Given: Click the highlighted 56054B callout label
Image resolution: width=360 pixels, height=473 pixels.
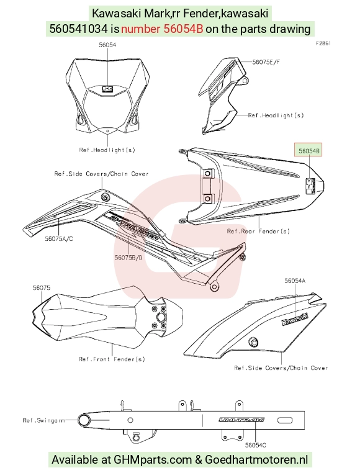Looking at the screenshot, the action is [x=308, y=150].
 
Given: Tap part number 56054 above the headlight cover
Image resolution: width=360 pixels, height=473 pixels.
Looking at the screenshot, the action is [x=107, y=45].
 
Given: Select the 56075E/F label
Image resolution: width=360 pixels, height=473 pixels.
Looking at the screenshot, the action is [x=266, y=62].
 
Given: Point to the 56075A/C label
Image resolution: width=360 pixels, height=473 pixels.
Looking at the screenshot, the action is [x=59, y=239].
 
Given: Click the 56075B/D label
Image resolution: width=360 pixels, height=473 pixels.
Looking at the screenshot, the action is [x=128, y=258].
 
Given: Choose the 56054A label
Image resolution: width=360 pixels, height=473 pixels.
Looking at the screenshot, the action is [x=295, y=281].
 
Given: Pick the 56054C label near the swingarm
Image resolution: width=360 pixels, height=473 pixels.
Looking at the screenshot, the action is [x=256, y=445].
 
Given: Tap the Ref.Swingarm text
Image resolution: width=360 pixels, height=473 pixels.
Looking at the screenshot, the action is [x=43, y=420].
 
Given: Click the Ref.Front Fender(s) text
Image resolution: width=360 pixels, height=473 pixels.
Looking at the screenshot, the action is [x=112, y=359].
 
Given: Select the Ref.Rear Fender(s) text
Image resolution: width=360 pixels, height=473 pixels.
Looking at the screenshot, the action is [x=258, y=232].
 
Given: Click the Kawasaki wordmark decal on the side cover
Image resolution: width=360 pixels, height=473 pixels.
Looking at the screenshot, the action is [x=295, y=320].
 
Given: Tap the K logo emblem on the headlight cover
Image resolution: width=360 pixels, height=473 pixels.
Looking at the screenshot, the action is [x=107, y=89].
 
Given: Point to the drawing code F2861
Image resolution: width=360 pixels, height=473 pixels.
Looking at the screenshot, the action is [x=323, y=43].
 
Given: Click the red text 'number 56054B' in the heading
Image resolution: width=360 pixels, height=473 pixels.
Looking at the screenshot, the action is [x=162, y=29].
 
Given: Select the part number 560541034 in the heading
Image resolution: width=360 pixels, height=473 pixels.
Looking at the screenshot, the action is [x=78, y=29].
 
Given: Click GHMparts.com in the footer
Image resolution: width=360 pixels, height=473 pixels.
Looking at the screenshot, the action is [x=153, y=460].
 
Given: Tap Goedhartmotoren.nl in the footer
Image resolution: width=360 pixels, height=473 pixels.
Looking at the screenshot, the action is [x=256, y=460].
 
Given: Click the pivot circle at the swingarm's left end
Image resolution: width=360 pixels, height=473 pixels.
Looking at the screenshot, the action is [x=84, y=420].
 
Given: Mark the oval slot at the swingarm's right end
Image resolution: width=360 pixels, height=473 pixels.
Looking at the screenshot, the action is [x=285, y=420].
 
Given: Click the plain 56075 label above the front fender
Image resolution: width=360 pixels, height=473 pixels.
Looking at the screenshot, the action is [x=42, y=288].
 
